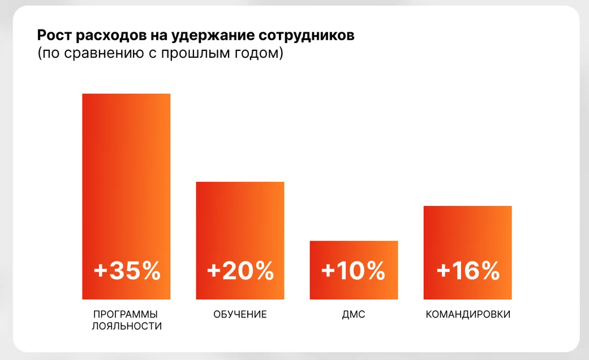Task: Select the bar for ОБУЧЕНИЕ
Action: tap(240, 221)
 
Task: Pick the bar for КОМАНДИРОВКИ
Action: tap(467, 232)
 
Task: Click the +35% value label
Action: tap(127, 271)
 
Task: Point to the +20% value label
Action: tap(240, 271)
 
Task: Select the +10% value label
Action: tap(353, 271)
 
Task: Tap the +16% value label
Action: tap(468, 271)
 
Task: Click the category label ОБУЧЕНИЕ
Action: tap(240, 314)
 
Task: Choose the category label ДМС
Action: tap(354, 314)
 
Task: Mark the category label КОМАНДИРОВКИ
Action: tap(468, 314)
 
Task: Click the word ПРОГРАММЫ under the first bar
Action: tap(126, 314)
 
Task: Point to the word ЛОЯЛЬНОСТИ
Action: tap(126, 327)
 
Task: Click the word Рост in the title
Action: tap(53, 36)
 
